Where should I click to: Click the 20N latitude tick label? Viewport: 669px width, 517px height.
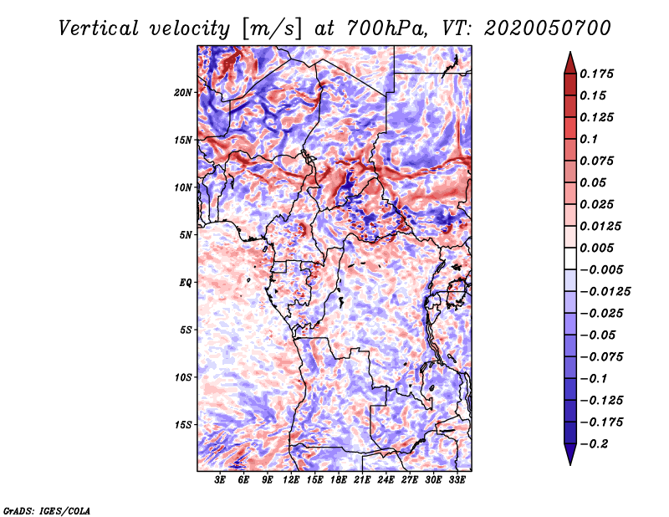pyautogui.click(x=183, y=93)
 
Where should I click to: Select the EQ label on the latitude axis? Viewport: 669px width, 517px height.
pyautogui.click(x=186, y=283)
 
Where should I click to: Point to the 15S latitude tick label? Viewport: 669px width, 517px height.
pyautogui.click(x=183, y=425)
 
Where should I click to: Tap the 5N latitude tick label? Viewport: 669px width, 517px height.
pyautogui.click(x=186, y=235)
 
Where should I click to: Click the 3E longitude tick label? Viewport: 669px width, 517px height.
pyautogui.click(x=220, y=480)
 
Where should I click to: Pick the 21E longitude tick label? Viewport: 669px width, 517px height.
pyautogui.click(x=362, y=480)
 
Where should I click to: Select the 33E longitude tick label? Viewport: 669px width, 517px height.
pyautogui.click(x=457, y=480)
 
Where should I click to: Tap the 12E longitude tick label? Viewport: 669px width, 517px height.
pyautogui.click(x=290, y=480)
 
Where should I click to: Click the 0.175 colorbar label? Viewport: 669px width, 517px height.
pyautogui.click(x=596, y=74)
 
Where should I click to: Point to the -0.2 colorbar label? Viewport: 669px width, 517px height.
pyautogui.click(x=595, y=444)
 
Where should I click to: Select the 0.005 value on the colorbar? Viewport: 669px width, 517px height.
pyautogui.click(x=596, y=248)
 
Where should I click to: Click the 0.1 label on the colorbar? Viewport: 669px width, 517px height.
pyautogui.click(x=589, y=139)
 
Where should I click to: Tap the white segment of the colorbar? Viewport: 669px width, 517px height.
pyautogui.click(x=570, y=258)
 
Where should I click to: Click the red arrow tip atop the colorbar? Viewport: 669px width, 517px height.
pyautogui.click(x=570, y=52)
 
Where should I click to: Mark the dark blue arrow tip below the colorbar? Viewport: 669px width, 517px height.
pyautogui.click(x=570, y=464)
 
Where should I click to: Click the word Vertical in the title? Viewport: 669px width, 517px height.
pyautogui.click(x=99, y=28)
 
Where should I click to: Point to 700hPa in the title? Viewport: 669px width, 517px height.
pyautogui.click(x=386, y=28)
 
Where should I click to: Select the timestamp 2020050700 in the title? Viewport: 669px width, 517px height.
pyautogui.click(x=548, y=28)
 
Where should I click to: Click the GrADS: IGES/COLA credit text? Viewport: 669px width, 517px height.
pyautogui.click(x=47, y=510)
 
